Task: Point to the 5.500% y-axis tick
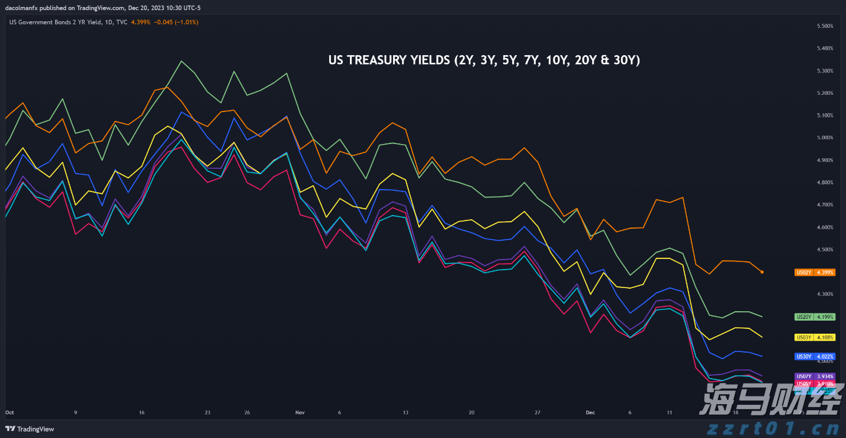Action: coord(825,26)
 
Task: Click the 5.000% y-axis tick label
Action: coord(825,138)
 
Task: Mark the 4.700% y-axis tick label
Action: coord(825,204)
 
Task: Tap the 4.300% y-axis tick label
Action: coord(825,294)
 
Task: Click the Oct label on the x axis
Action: coord(9,412)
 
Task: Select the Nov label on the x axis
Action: coord(300,412)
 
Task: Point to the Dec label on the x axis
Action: coord(590,412)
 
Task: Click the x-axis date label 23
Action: coord(207,412)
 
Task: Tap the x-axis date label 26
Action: coord(247,412)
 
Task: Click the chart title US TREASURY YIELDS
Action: coord(484,60)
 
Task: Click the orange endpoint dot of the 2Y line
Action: coord(762,272)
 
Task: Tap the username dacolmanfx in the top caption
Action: coord(22,8)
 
